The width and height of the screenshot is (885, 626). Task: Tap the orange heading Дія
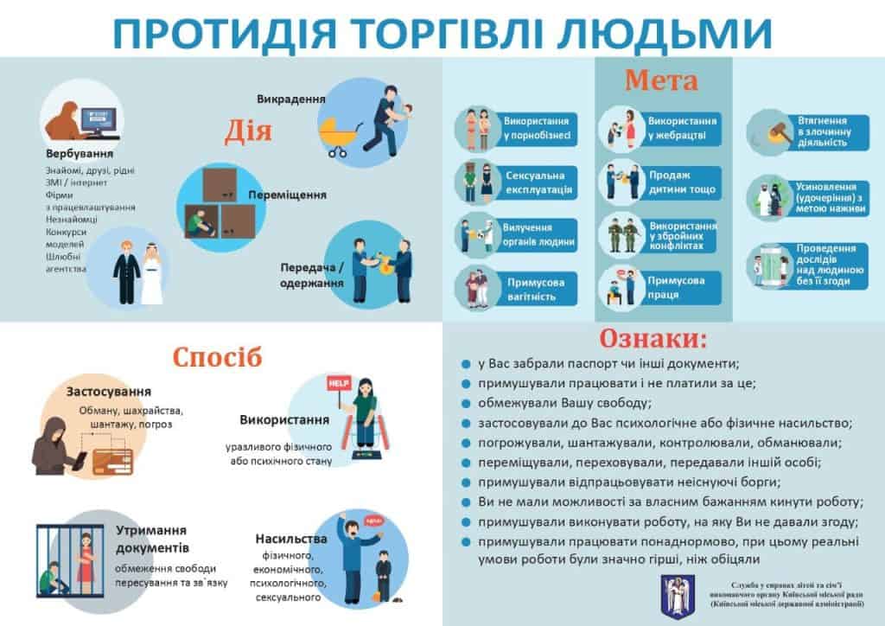tap(248, 131)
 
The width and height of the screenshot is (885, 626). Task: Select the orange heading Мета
tap(661, 80)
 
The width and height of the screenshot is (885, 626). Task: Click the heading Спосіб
tap(217, 357)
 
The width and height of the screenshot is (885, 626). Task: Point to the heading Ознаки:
tap(653, 338)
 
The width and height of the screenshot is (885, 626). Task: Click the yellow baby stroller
tap(339, 137)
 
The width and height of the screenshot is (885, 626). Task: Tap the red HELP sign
tap(339, 383)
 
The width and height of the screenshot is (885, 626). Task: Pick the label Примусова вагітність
tap(535, 289)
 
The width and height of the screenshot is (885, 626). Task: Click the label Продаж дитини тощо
tap(682, 182)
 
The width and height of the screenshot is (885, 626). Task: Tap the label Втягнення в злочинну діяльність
tap(824, 132)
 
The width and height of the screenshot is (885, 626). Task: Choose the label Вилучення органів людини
tap(538, 235)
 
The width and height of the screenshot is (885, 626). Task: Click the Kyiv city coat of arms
tap(678, 597)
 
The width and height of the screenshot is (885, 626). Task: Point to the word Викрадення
tap(290, 99)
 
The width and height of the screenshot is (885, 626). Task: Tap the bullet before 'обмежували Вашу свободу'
tap(466, 404)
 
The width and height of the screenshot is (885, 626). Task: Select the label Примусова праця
tap(676, 287)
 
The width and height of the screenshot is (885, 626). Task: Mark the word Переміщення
tap(287, 195)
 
